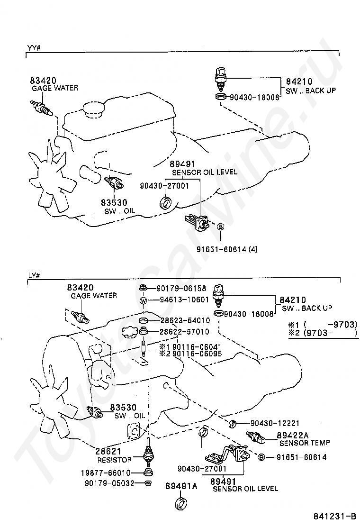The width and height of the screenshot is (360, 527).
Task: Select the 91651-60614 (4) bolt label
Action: coord(228,248)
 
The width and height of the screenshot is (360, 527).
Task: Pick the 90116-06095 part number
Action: coord(186,353)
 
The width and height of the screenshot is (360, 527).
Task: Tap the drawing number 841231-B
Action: coord(333,516)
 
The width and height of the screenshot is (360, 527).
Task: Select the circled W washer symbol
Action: coord(143,300)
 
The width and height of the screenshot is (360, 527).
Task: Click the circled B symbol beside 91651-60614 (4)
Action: coord(220,227)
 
